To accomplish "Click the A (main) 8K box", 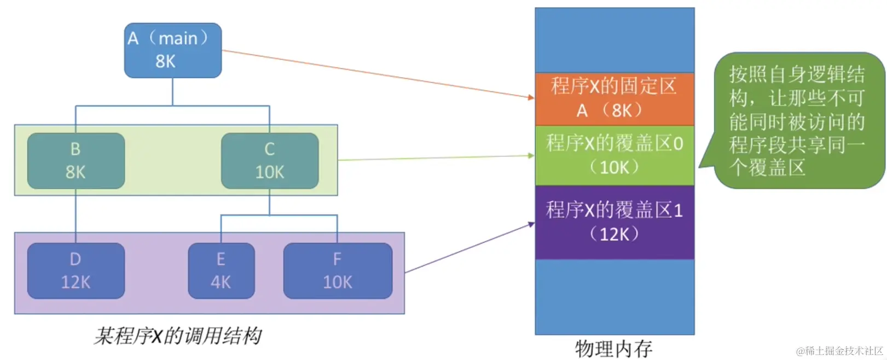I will pyautogui.click(x=172, y=50).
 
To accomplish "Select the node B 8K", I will pyautogui.click(x=76, y=160).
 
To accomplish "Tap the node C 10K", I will pyautogui.click(x=269, y=160).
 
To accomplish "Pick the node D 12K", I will pyautogui.click(x=76, y=271).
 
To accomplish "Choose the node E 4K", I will pyautogui.click(x=221, y=271).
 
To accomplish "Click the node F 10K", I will pyautogui.click(x=337, y=271).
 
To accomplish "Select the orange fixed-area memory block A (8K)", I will pyautogui.click(x=614, y=99).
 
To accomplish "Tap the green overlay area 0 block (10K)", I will pyautogui.click(x=614, y=155).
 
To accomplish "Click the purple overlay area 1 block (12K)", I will pyautogui.click(x=614, y=222).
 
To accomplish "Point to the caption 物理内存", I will pyautogui.click(x=613, y=349).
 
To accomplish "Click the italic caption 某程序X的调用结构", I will pyautogui.click(x=177, y=336).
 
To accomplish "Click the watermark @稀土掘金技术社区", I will pyautogui.click(x=839, y=351).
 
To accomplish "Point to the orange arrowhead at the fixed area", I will pyautogui.click(x=531, y=97).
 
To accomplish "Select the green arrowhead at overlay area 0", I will pyautogui.click(x=531, y=155).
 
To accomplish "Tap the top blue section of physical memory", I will pyautogui.click(x=614, y=40).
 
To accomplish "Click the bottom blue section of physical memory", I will pyautogui.click(x=614, y=296).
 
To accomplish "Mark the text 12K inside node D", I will pyautogui.click(x=76, y=282).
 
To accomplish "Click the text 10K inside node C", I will pyautogui.click(x=269, y=172).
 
